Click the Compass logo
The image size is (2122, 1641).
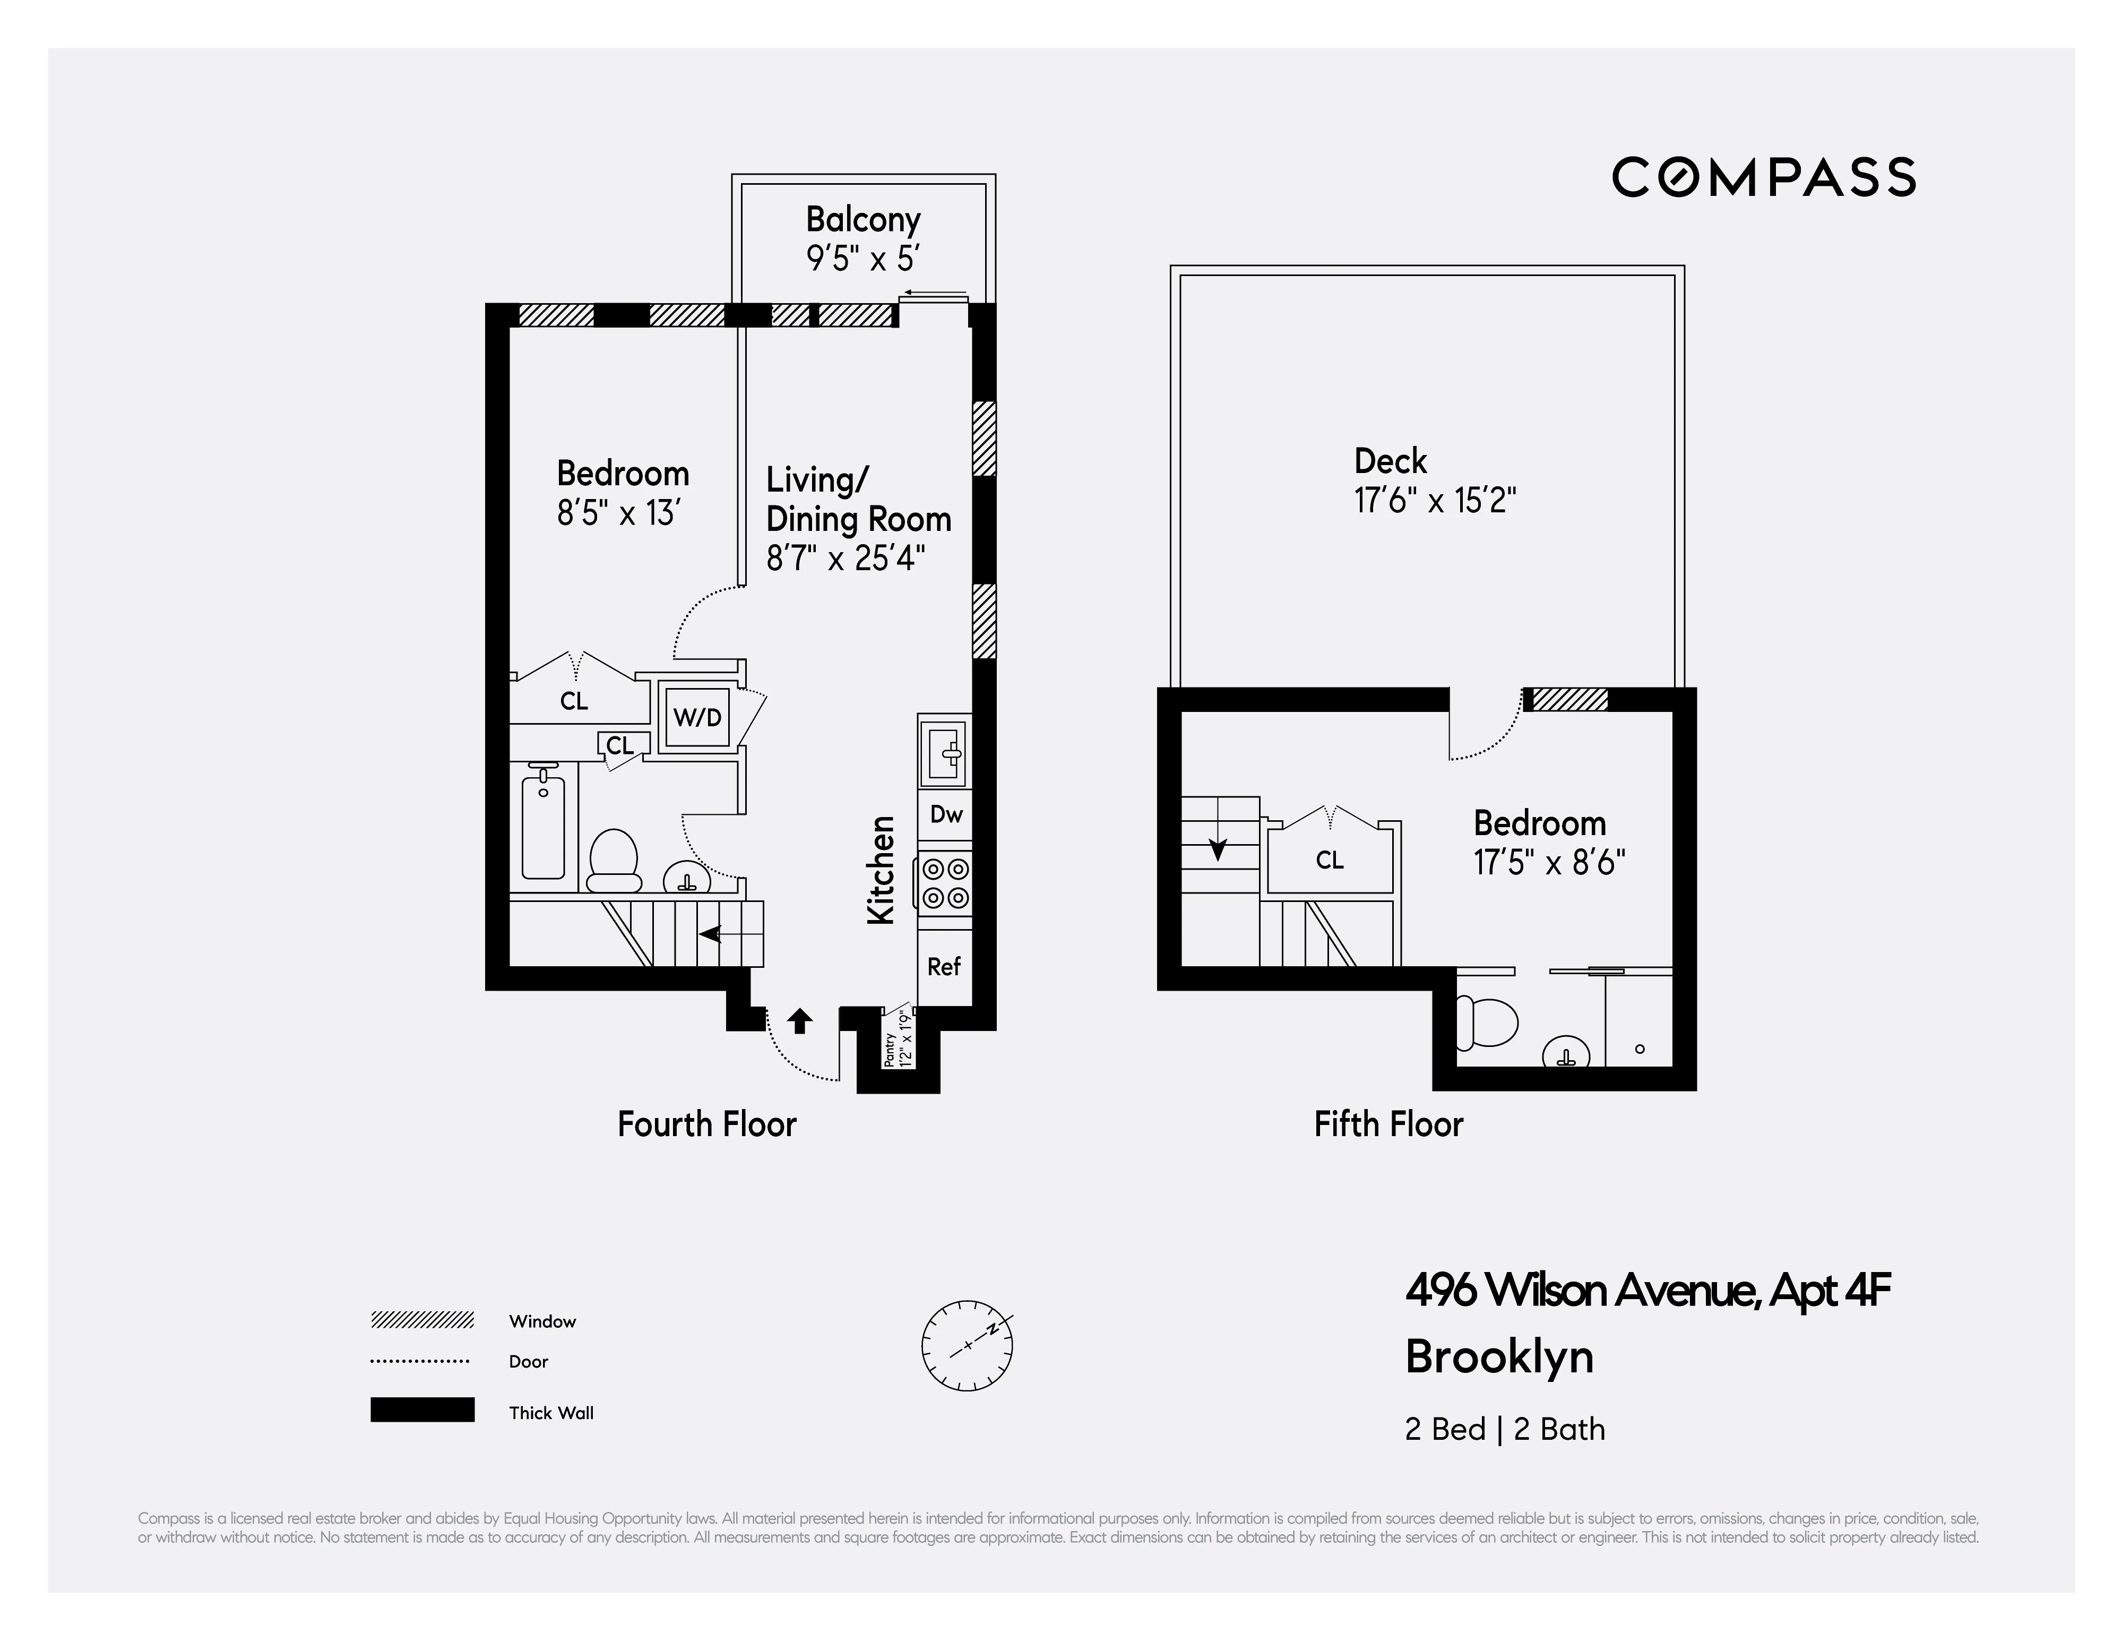[1764, 178]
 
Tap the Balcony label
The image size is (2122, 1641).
[863, 220]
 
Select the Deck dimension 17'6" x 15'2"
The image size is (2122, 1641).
[1435, 501]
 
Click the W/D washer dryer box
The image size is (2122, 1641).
[697, 718]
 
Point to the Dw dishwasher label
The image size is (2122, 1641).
[945, 814]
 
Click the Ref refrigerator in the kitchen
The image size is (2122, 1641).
[943, 967]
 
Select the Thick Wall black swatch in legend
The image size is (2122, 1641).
[421, 1410]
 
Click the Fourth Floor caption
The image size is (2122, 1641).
[706, 1124]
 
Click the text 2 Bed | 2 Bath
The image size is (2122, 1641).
[1504, 1429]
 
